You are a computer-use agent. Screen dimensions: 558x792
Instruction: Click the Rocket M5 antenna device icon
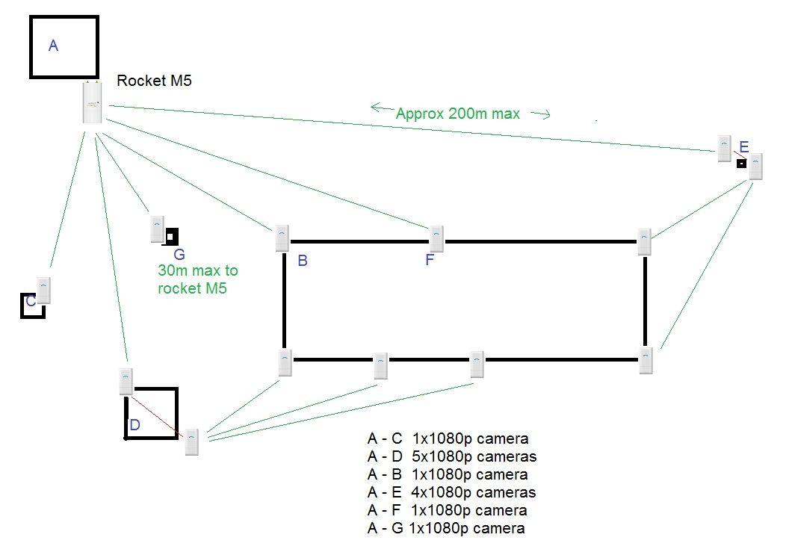(x=93, y=103)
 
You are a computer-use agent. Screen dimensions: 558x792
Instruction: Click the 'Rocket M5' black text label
(x=154, y=81)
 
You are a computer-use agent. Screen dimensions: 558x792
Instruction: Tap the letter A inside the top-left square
(x=53, y=46)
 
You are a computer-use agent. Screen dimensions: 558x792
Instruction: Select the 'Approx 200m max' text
(x=457, y=114)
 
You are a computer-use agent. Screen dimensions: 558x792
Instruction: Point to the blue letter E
(x=743, y=146)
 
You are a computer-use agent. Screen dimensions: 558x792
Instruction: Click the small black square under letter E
(x=741, y=163)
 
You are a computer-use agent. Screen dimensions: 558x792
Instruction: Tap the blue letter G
(x=179, y=255)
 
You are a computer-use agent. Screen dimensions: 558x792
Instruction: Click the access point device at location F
(x=437, y=238)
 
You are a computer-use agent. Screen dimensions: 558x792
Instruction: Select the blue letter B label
(x=303, y=261)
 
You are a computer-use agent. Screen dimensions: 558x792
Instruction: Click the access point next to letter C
(x=43, y=291)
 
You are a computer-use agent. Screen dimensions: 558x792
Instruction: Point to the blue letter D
(x=135, y=425)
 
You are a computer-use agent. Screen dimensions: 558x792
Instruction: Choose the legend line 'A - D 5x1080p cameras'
(x=451, y=456)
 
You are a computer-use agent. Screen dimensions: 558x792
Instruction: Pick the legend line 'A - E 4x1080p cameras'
(x=451, y=492)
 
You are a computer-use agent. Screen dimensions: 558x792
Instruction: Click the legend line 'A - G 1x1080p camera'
(x=446, y=528)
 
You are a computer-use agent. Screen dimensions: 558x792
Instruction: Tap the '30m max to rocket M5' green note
(x=197, y=279)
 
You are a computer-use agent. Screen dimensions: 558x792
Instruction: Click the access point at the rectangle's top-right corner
(x=645, y=241)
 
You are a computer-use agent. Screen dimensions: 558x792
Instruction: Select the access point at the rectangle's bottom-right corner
(x=646, y=360)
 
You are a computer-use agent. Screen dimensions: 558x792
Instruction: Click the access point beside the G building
(x=157, y=229)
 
